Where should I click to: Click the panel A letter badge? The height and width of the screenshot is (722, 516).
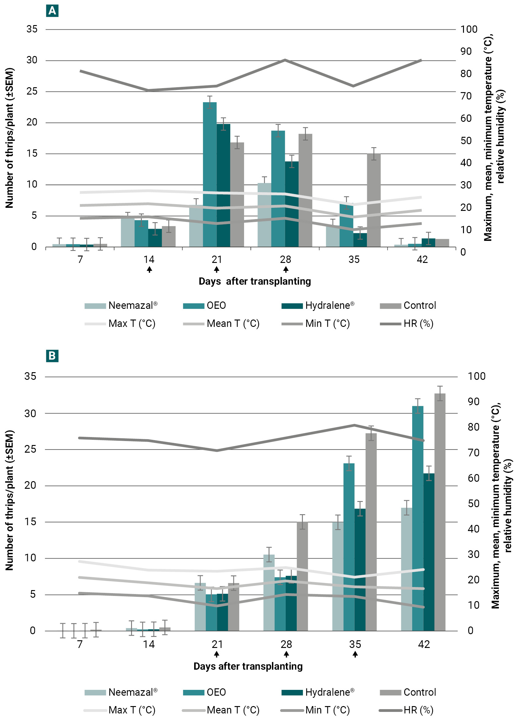[52, 11]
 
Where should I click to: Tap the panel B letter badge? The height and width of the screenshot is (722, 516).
[52, 356]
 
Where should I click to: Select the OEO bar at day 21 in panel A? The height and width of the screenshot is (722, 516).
[210, 175]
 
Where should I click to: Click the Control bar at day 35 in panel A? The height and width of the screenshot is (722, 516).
[374, 200]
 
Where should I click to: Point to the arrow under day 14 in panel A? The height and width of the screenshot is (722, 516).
[149, 270]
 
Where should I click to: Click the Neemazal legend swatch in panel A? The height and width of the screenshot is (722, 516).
[95, 306]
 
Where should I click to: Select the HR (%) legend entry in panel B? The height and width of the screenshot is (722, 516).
[407, 710]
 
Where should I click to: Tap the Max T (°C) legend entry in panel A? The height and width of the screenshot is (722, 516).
[120, 324]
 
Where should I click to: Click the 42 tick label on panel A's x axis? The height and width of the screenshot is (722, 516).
[422, 260]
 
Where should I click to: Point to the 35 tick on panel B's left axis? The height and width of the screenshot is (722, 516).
[30, 376]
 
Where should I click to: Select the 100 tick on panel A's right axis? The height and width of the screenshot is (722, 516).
[469, 29]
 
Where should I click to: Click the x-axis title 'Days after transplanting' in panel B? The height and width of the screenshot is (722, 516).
[248, 666]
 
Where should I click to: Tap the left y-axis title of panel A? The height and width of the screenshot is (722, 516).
[9, 138]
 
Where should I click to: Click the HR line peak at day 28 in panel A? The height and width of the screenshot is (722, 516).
[285, 60]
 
